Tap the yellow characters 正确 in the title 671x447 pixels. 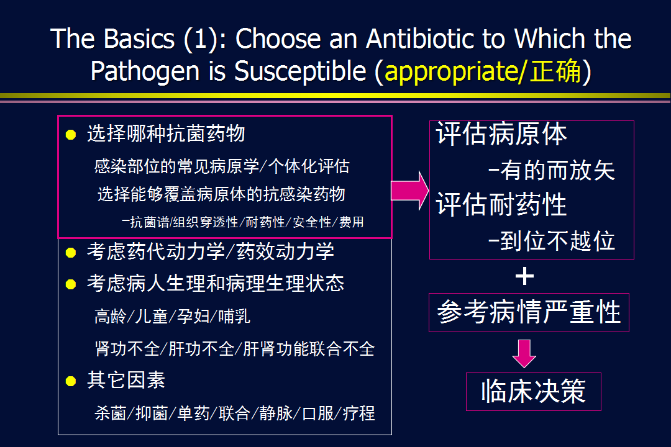tap(555, 71)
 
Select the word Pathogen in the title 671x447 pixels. tap(145, 71)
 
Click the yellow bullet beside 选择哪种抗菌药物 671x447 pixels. tap(71, 135)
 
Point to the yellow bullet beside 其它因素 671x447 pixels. tap(71, 381)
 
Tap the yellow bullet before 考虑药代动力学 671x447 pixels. tap(71, 253)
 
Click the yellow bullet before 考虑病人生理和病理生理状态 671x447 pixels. tap(71, 284)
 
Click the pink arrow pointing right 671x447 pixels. tap(409, 191)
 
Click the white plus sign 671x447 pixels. tap(524, 276)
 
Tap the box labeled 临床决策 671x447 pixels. tap(534, 391)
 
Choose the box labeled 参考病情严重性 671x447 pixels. tap(529, 312)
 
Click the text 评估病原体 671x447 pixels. tap(501, 134)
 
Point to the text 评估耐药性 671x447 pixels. tap(501, 204)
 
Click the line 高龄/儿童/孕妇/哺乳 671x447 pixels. tap(172, 317)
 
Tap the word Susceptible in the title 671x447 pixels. tap(301, 71)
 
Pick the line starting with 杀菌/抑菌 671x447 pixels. tap(234, 413)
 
